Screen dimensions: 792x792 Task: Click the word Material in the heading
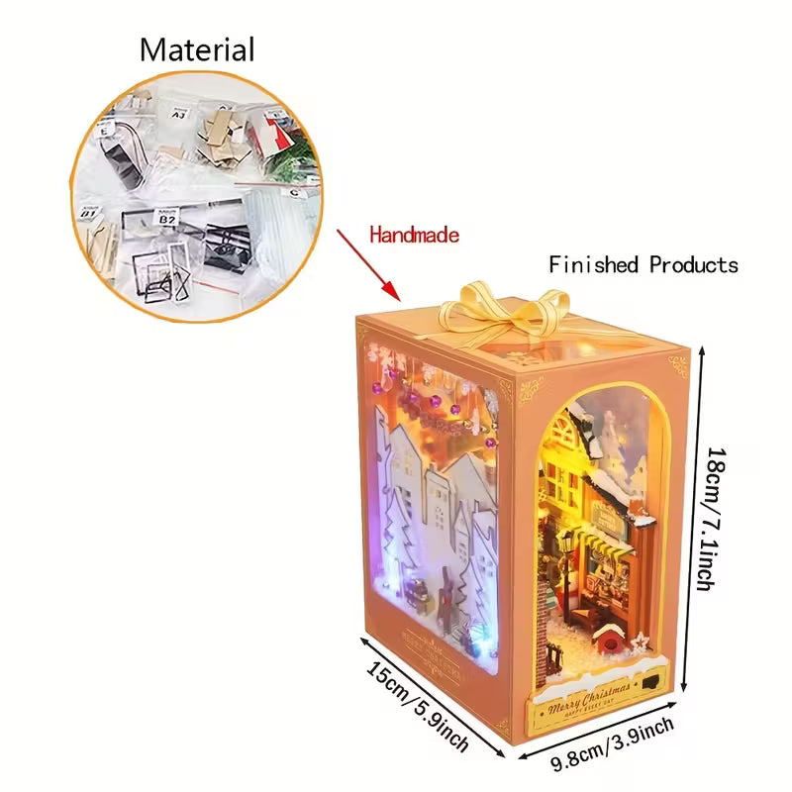pyautogui.click(x=197, y=49)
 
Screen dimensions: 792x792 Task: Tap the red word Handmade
pyautogui.click(x=415, y=235)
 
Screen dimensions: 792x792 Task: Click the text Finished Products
pyautogui.click(x=643, y=264)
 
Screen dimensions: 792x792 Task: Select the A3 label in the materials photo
pyautogui.click(x=178, y=114)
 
